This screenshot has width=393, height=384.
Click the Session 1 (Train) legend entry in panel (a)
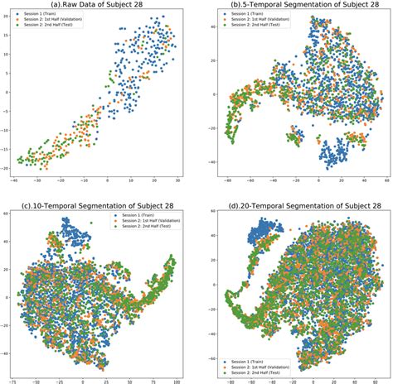tap(51, 16)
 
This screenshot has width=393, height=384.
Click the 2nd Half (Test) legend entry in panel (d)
tap(261, 373)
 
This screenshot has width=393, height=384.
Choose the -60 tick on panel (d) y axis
tap(203, 370)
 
